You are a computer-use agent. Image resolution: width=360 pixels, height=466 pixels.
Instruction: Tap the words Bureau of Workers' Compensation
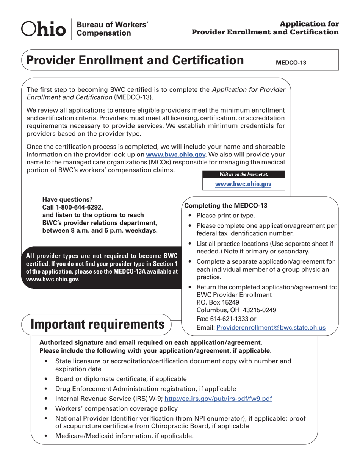[112, 29]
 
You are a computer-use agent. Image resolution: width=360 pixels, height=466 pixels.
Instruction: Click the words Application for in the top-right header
[311, 24]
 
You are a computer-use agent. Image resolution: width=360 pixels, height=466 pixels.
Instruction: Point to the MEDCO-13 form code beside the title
[291, 63]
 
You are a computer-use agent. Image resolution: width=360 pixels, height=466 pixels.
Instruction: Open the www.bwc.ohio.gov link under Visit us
[243, 184]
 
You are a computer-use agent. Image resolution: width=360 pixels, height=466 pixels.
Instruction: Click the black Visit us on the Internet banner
[243, 174]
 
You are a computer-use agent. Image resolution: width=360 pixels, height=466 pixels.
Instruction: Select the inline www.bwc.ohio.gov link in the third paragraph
[176, 155]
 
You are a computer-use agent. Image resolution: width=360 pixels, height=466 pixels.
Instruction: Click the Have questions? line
[67, 199]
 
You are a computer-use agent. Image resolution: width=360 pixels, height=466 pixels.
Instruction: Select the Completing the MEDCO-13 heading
[226, 206]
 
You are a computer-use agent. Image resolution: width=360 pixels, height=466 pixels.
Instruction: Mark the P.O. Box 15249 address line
[218, 302]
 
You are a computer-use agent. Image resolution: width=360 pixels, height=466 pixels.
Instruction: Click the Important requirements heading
[97, 325]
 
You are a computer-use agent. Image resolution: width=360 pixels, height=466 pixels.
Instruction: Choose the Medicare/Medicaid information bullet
[124, 436]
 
